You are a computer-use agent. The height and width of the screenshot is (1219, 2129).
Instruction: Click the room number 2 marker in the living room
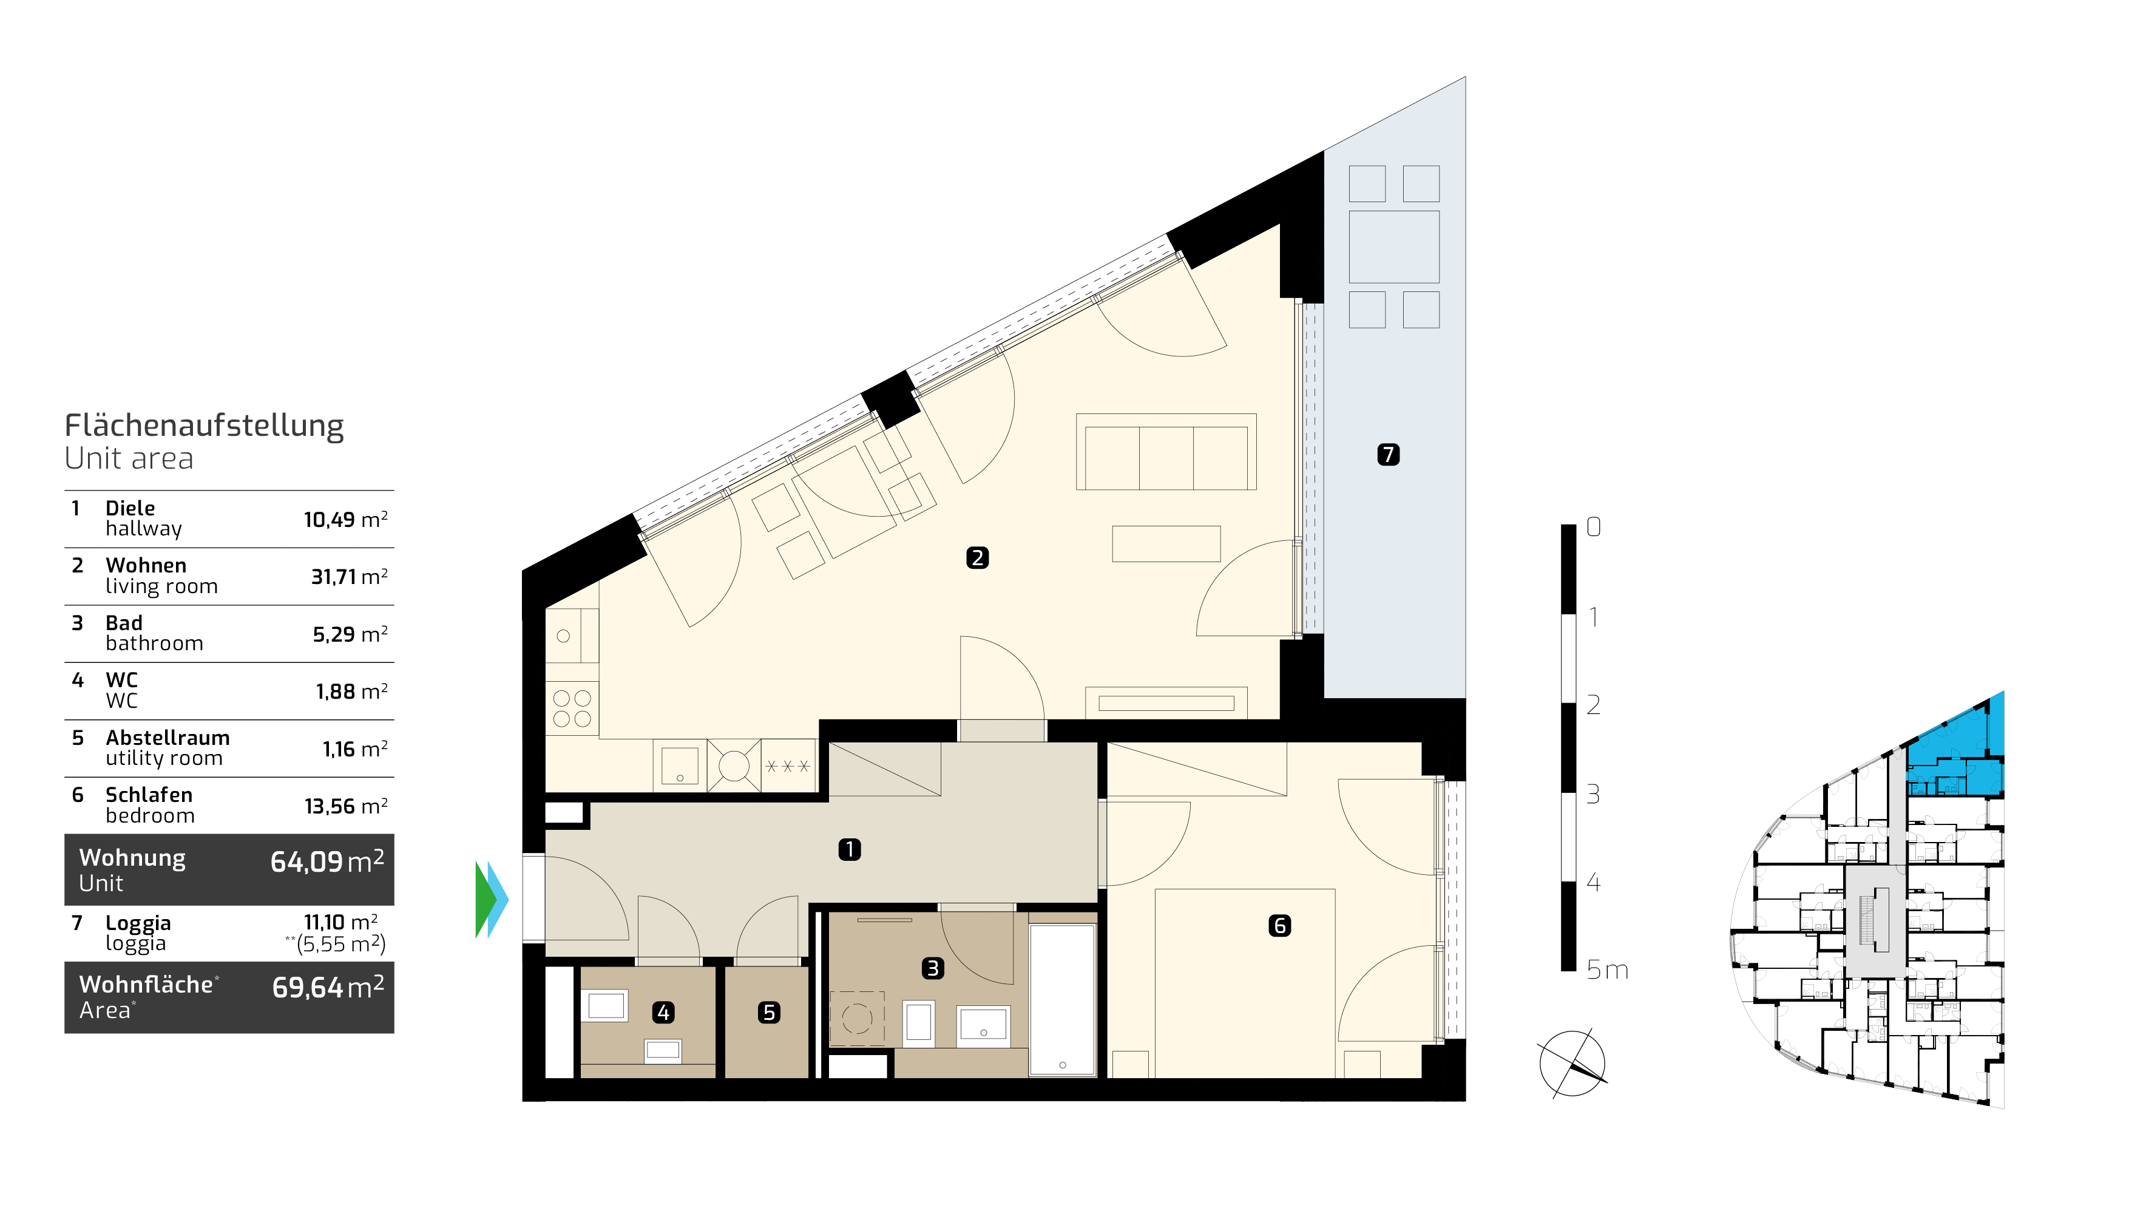pos(976,557)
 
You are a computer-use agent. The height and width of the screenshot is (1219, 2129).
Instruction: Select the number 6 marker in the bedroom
pos(1279,925)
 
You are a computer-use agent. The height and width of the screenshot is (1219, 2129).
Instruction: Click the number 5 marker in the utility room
pos(768,1012)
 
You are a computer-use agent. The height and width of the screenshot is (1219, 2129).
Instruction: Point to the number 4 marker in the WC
pos(663,1012)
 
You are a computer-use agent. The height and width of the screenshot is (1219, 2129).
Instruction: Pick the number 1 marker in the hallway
pos(850,850)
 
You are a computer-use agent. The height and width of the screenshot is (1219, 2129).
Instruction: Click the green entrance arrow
pos(484,900)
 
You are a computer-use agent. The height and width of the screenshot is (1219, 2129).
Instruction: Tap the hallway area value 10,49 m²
pos(345,520)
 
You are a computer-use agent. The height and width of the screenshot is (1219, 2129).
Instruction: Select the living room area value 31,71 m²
pos(349,577)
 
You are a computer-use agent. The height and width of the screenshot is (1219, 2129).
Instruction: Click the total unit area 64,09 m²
pos(327,861)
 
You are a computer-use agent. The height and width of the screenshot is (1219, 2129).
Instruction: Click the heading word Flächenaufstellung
pos(204,426)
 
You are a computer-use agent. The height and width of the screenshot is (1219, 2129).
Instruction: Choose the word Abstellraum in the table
pos(168,738)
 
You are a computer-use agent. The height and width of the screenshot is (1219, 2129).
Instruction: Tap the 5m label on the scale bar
pos(1607,970)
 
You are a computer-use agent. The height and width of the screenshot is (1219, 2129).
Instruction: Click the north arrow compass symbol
pos(1572,1063)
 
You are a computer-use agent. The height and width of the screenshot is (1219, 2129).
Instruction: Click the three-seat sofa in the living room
pos(1166,452)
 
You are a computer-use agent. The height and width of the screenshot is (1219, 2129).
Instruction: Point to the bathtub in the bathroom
pos(1062,1000)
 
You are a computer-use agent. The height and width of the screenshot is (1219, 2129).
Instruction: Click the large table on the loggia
pos(1394,247)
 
